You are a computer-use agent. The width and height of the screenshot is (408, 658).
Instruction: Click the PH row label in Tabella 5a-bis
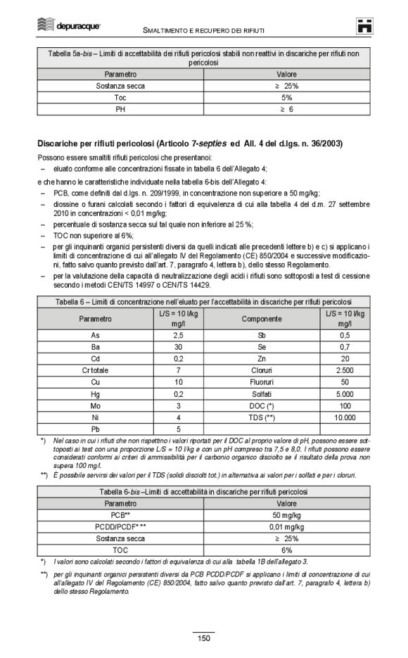(120, 109)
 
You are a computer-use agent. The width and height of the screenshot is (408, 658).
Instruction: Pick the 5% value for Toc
(287, 97)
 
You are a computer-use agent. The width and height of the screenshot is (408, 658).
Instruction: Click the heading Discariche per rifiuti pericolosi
(190, 143)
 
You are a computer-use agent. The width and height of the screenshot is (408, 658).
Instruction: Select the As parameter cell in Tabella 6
(96, 335)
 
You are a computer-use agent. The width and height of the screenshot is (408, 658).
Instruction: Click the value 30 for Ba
(179, 347)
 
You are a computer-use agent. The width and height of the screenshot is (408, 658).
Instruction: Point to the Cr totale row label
(96, 370)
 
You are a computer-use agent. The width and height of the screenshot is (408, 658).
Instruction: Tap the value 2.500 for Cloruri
(345, 370)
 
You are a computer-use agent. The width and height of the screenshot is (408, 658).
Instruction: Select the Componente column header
(262, 318)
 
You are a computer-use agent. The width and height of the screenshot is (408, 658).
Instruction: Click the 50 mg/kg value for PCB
(287, 516)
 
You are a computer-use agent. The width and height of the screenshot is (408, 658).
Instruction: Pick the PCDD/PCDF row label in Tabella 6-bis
(120, 526)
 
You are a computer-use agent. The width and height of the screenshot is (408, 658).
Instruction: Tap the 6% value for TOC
(287, 550)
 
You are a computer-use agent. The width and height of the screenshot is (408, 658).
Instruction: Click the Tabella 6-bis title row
(203, 492)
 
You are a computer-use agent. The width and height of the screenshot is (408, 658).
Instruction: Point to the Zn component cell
(262, 358)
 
